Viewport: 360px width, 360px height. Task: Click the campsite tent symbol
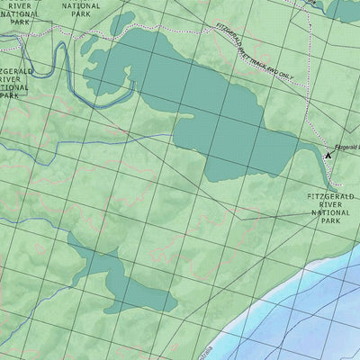328,155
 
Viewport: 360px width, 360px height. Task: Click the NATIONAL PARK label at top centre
82,10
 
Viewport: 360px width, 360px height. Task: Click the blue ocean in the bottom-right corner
324,315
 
